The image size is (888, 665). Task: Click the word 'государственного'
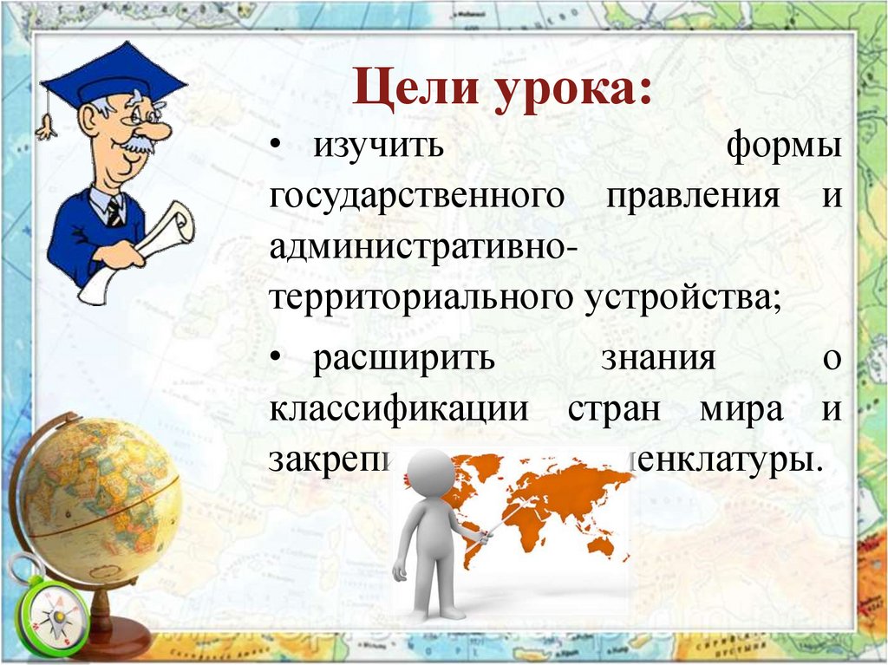pyautogui.click(x=417, y=197)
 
